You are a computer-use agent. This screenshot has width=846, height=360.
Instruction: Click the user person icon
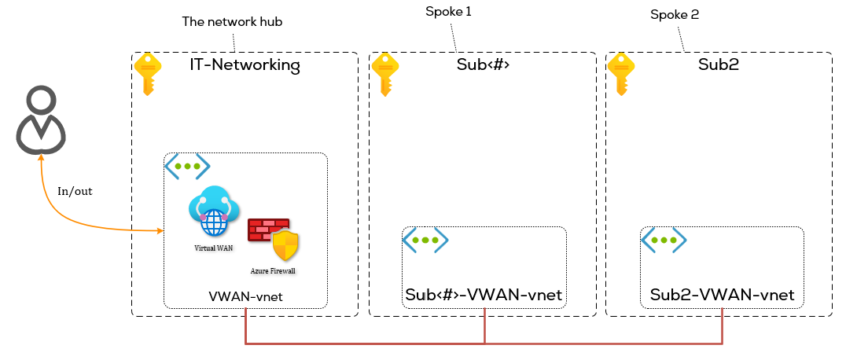[41, 119]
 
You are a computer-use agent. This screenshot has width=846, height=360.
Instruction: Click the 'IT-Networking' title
[245, 65]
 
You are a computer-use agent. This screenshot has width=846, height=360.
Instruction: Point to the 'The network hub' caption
[232, 22]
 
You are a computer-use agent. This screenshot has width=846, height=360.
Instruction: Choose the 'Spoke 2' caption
[675, 14]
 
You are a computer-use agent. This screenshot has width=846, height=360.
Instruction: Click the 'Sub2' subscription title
[718, 65]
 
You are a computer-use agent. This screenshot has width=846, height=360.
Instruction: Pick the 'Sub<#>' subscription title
[483, 65]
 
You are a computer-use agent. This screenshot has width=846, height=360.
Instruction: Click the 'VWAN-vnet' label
[245, 296]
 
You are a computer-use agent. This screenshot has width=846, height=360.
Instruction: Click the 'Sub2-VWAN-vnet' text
[722, 296]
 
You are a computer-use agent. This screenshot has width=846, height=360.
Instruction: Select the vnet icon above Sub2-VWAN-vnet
[664, 240]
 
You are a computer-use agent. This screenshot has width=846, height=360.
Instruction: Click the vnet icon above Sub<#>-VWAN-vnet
[425, 240]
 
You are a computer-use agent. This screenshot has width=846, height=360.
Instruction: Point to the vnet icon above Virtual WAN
[187, 167]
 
